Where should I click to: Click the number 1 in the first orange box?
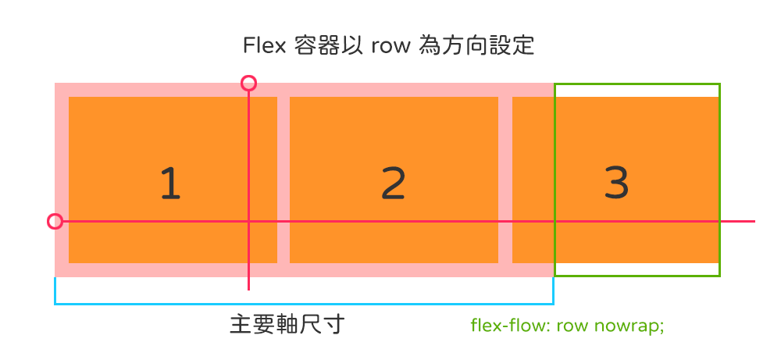click(170, 184)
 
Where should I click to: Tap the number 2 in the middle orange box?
click(394, 184)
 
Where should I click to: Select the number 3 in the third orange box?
click(616, 184)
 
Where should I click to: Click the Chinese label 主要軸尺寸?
click(287, 324)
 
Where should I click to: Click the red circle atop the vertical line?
click(248, 83)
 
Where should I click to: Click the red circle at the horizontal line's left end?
click(55, 222)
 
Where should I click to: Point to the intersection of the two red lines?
click(248, 222)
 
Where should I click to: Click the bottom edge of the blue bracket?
click(304, 303)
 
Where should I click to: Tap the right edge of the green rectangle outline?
click(719, 180)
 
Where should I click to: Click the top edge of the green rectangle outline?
click(637, 84)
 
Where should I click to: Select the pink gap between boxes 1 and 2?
click(284, 180)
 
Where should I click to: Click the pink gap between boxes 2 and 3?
click(505, 180)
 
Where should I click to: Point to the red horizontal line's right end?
click(754, 222)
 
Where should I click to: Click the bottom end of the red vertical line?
click(248, 290)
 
